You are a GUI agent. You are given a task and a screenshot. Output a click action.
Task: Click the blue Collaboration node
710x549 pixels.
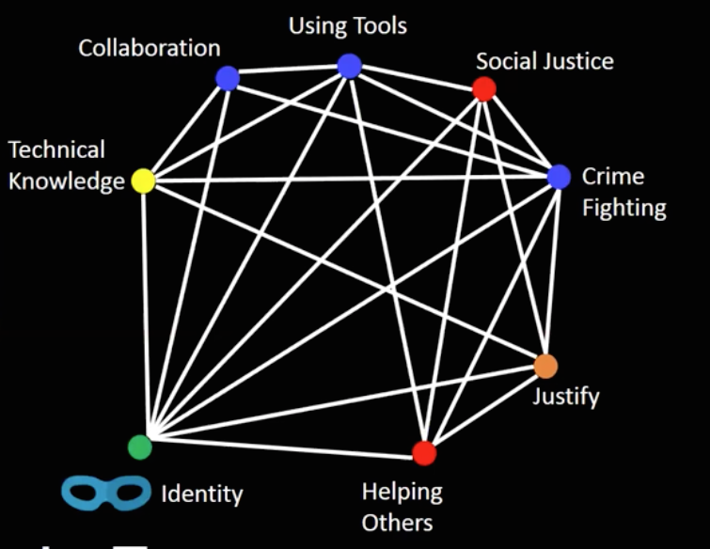[228, 78]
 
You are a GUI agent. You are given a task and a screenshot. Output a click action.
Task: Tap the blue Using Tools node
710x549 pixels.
[349, 66]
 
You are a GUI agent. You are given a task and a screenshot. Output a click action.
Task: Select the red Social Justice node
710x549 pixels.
[484, 89]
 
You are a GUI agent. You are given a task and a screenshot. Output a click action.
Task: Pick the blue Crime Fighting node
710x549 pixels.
[559, 177]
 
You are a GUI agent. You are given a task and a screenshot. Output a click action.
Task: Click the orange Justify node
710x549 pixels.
[545, 366]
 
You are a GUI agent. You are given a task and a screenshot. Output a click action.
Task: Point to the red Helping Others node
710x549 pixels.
[424, 453]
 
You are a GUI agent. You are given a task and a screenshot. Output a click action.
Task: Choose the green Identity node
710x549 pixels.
[139, 447]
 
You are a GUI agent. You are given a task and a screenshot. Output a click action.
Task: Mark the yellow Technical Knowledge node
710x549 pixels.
[143, 180]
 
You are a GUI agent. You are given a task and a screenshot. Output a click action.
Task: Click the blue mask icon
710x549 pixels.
[105, 492]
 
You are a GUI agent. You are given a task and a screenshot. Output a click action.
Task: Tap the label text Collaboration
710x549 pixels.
[150, 48]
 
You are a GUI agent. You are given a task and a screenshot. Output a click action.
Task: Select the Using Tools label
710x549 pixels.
[348, 25]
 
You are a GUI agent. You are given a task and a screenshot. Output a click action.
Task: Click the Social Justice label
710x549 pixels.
[544, 62]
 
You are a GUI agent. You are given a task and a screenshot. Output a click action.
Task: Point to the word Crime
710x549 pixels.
[613, 177]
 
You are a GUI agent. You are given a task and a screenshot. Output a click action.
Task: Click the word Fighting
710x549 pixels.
[624, 207]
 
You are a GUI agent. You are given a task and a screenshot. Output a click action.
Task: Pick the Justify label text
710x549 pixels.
[566, 396]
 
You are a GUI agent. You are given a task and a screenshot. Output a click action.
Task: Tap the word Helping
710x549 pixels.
[402, 491]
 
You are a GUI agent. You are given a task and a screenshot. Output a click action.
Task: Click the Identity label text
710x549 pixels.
[202, 493]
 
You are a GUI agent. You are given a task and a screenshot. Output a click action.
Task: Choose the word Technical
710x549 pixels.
[57, 149]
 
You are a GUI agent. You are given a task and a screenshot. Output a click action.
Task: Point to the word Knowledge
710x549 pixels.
[67, 180]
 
